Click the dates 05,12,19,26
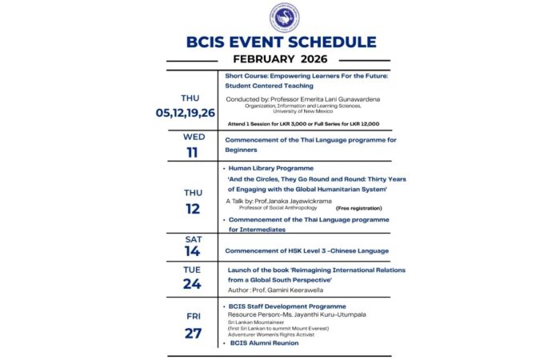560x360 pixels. pos(186,112)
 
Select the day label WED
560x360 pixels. pos(194,137)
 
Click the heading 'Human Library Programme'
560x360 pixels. pos(272,170)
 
